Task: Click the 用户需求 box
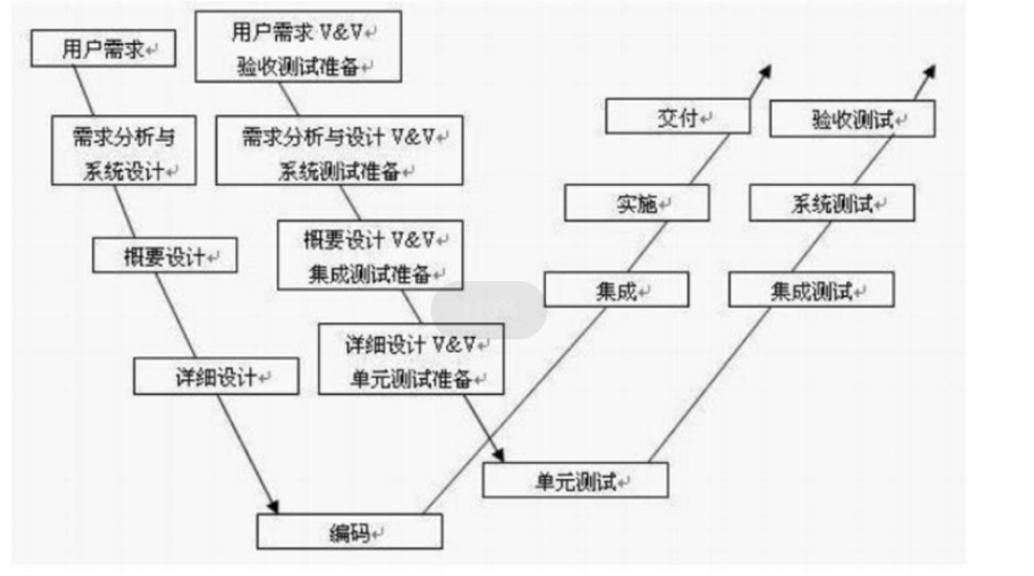click(103, 49)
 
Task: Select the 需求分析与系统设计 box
click(124, 151)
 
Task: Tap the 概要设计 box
click(165, 256)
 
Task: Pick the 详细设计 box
click(216, 377)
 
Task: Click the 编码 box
click(350, 532)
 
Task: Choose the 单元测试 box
click(575, 481)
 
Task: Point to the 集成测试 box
click(811, 290)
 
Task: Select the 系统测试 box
click(832, 203)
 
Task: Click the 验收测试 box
click(853, 119)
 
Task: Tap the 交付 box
click(678, 117)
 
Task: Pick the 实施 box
click(637, 203)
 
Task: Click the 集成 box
click(616, 290)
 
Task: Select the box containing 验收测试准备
click(298, 47)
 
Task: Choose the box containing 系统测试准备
click(339, 151)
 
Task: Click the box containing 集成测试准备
click(370, 255)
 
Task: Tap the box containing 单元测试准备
click(412, 359)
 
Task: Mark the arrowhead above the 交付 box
click(765, 72)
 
